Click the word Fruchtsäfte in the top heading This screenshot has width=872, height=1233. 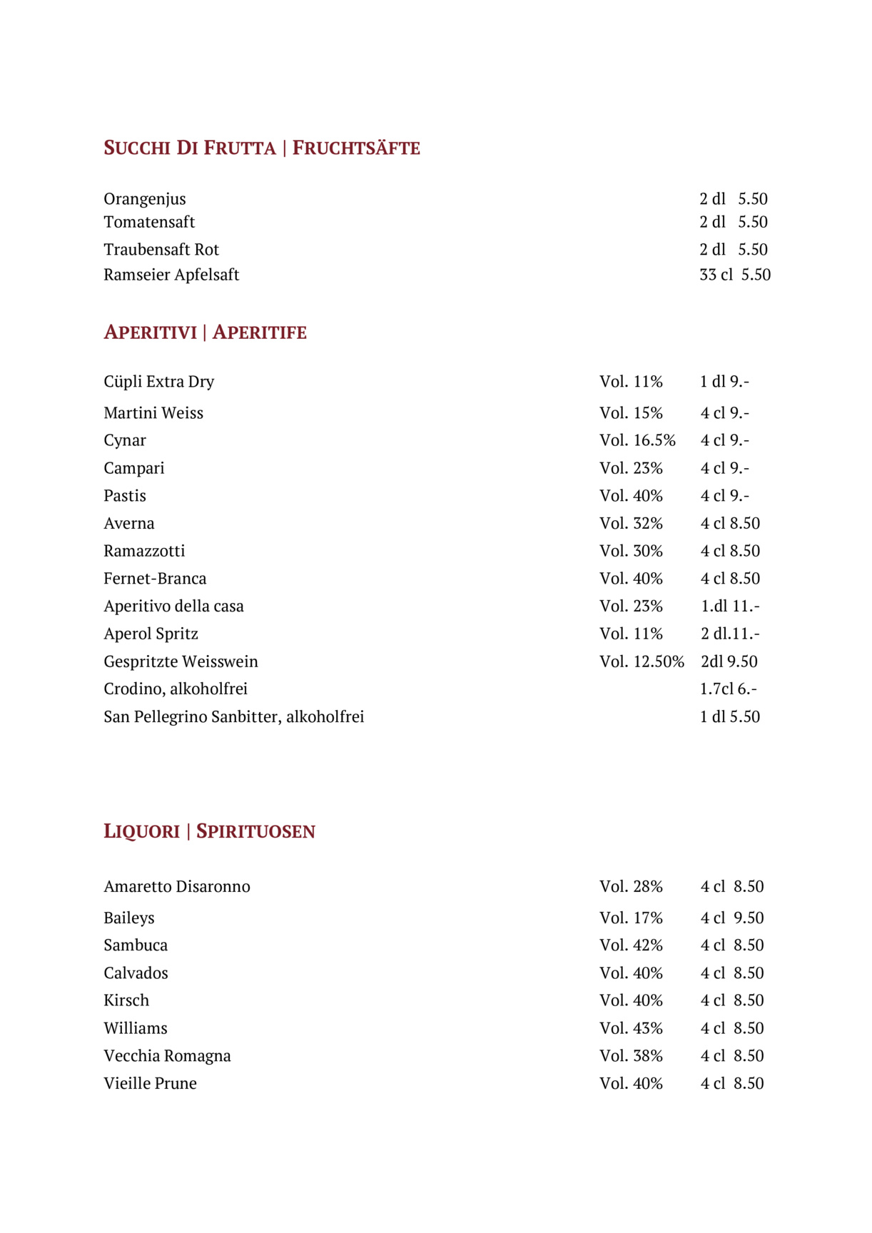pyautogui.click(x=356, y=148)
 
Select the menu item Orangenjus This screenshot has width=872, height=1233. pyautogui.click(x=145, y=199)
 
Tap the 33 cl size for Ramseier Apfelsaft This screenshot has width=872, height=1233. pyautogui.click(x=716, y=275)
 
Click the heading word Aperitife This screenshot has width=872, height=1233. pyautogui.click(x=260, y=333)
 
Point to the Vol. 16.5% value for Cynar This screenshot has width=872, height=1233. pyautogui.click(x=637, y=440)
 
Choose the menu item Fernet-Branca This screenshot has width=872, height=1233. pyautogui.click(x=155, y=579)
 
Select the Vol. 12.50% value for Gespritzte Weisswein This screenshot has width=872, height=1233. pyautogui.click(x=642, y=661)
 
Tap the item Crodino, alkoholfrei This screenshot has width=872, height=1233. pyautogui.click(x=176, y=689)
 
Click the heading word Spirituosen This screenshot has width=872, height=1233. pyautogui.click(x=255, y=831)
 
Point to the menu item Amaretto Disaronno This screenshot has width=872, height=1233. pyautogui.click(x=177, y=887)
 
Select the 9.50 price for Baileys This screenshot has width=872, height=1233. pyautogui.click(x=749, y=918)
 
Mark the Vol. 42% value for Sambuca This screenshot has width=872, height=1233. pyautogui.click(x=631, y=945)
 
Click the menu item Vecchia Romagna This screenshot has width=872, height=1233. pyautogui.click(x=167, y=1056)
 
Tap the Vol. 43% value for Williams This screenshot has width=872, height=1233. pyautogui.click(x=631, y=1028)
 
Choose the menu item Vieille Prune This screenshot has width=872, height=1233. pyautogui.click(x=150, y=1084)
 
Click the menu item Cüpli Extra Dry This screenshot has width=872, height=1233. pyautogui.click(x=158, y=382)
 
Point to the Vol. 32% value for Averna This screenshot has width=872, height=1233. pyautogui.click(x=631, y=524)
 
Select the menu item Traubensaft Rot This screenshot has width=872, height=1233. pyautogui.click(x=161, y=250)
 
